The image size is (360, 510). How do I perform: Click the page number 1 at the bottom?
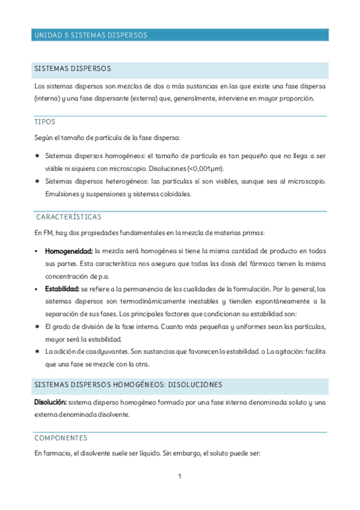pyautogui.click(x=179, y=477)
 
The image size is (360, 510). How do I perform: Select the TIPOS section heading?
pyautogui.click(x=45, y=121)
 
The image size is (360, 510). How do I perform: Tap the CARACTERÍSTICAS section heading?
pyautogui.click(x=68, y=217)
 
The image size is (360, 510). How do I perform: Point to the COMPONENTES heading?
pyautogui.click(x=61, y=438)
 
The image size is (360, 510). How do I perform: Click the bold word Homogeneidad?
pyautogui.click(x=69, y=250)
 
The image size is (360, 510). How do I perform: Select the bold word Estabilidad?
pyautogui.click(x=63, y=289)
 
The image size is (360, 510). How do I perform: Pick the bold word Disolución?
pyautogui.click(x=50, y=402)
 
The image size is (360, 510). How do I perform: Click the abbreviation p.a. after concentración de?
pyautogui.click(x=101, y=276)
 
